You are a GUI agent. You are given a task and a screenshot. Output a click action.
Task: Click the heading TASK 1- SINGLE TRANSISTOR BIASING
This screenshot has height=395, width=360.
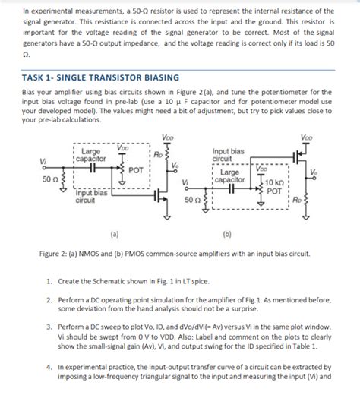point(100,77)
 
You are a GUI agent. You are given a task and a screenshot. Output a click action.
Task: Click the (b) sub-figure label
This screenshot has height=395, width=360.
point(229,233)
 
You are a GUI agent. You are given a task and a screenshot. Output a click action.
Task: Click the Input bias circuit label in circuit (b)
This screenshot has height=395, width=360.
point(228,155)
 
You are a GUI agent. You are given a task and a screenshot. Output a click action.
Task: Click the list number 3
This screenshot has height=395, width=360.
point(49,325)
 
